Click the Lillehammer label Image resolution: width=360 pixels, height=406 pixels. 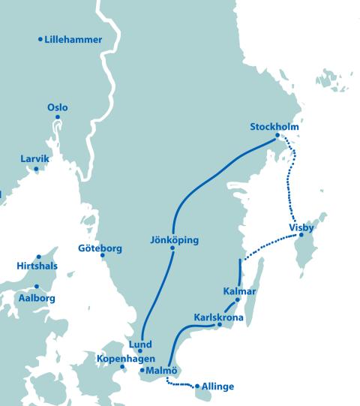coord(73,40)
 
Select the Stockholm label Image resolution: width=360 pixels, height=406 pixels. coord(274,127)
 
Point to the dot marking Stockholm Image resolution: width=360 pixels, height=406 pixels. coord(278,136)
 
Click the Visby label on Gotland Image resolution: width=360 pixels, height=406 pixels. coord(301,227)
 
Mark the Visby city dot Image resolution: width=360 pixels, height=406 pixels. coord(301,236)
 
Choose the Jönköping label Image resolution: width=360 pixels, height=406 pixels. coord(174,240)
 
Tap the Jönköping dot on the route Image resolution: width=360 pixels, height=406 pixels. coord(172,249)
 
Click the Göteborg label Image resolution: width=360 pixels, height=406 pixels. coord(100,248)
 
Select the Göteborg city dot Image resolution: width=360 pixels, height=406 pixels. coord(103,257)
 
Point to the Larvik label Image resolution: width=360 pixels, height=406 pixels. coord(35,159)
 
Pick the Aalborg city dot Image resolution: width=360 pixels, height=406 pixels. coord(36,287)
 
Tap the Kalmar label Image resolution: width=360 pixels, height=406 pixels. coord(240,291)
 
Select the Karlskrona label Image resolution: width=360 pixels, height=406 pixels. coord(218,317)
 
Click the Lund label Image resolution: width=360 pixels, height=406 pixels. coord(140,344)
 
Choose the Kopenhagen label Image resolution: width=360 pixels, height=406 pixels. coord(125,359)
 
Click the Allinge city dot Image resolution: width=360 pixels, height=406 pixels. coord(196,387)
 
